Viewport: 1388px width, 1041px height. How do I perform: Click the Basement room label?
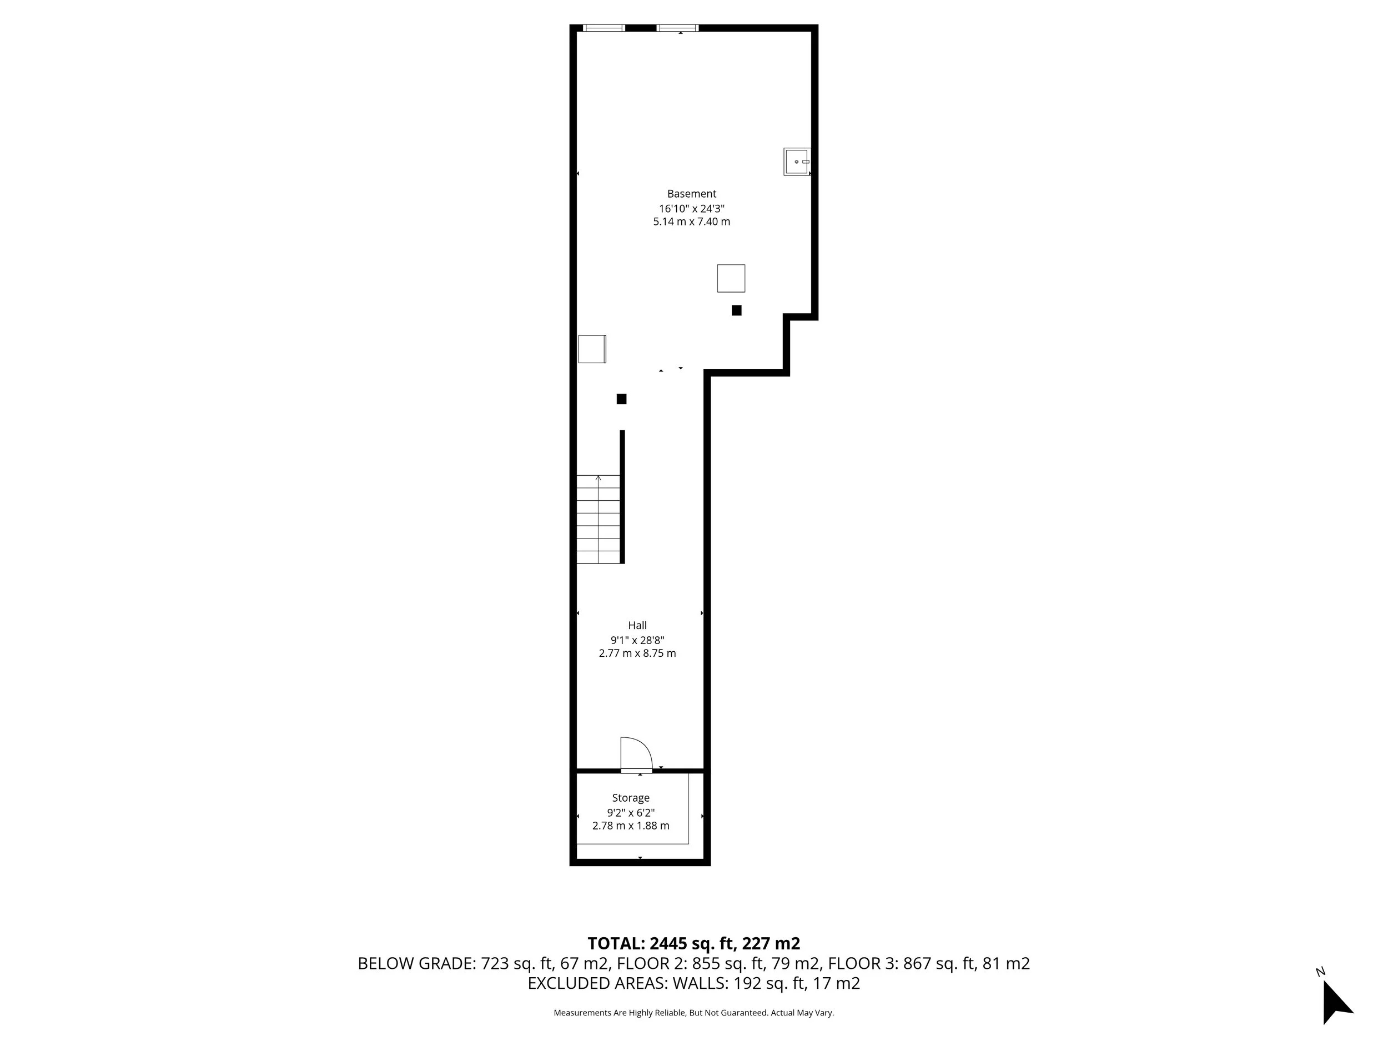[691, 194]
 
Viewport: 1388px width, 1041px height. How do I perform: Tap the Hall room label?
[637, 625]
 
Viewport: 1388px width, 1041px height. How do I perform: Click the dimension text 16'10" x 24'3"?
[691, 208]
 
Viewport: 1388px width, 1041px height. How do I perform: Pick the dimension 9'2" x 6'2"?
[631, 812]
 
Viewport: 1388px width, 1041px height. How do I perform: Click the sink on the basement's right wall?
[797, 161]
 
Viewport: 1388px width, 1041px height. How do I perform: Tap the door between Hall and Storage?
[635, 755]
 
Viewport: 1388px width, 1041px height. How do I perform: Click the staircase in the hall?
[598, 519]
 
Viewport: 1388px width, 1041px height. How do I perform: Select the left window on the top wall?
[604, 28]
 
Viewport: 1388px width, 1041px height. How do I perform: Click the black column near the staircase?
[621, 399]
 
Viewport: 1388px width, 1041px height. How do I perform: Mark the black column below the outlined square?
[736, 310]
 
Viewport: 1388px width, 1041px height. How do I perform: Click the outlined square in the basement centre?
[731, 278]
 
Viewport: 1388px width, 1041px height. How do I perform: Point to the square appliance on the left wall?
[592, 349]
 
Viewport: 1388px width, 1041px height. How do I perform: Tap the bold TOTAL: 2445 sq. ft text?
[693, 943]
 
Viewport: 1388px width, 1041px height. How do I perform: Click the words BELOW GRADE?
[416, 963]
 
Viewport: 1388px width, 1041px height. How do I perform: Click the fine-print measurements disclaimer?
[693, 1013]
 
